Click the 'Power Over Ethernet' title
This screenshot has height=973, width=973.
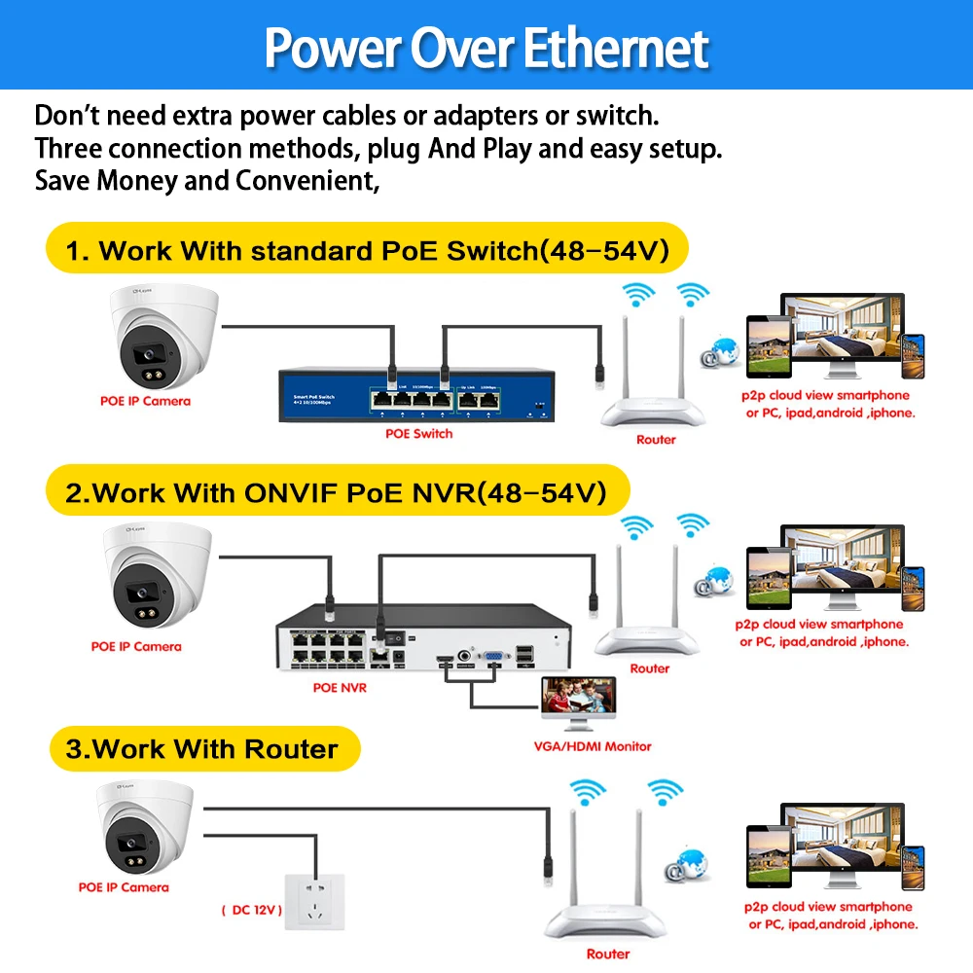[486, 47]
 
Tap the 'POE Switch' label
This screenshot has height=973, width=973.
[418, 433]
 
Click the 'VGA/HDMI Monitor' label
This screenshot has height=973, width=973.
[594, 746]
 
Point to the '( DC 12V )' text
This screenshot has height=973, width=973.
[250, 910]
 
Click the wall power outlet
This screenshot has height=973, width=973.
[314, 911]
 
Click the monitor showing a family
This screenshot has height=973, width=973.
[580, 703]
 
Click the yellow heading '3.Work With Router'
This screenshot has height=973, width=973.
[202, 749]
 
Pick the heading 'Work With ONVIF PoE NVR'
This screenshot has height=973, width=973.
[336, 493]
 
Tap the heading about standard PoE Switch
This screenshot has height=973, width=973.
[367, 250]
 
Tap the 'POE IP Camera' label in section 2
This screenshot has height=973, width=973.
[136, 646]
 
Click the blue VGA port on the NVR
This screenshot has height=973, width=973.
[494, 659]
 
